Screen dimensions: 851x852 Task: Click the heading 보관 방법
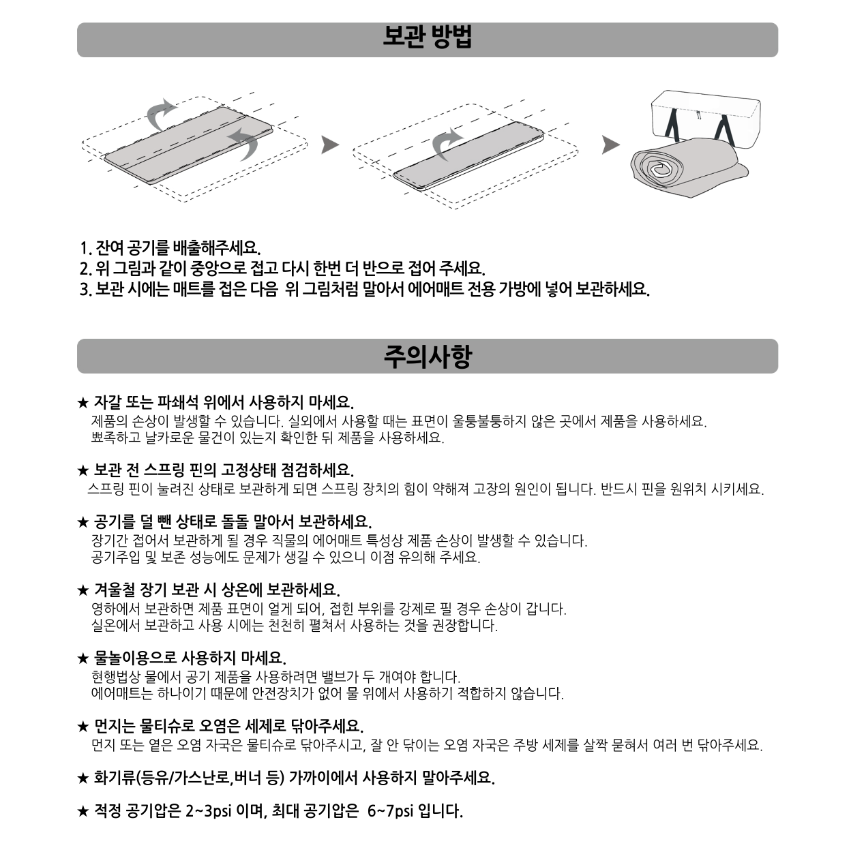(x=427, y=37)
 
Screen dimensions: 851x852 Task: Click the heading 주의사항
(x=428, y=356)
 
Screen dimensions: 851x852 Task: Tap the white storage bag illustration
(x=706, y=116)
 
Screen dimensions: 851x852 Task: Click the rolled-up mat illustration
(x=689, y=168)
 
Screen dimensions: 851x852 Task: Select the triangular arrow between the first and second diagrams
(x=329, y=144)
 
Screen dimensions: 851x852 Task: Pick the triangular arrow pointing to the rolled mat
(x=611, y=144)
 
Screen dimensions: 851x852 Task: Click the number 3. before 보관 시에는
(x=86, y=290)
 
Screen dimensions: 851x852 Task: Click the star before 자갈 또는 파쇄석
(x=83, y=403)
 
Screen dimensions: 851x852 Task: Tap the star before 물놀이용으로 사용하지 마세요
(x=83, y=659)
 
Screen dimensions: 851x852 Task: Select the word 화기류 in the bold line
(x=115, y=778)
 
